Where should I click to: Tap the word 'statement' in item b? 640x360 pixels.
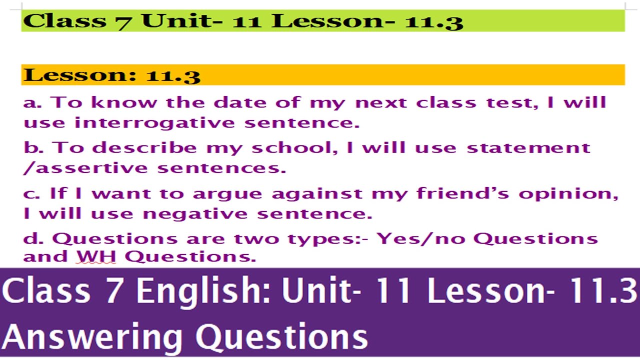tap(528, 148)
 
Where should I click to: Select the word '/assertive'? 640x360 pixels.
tap(86, 168)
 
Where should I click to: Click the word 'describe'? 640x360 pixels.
tap(144, 148)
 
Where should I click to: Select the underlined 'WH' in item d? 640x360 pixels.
tap(96, 257)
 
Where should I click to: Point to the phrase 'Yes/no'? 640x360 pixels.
tap(421, 238)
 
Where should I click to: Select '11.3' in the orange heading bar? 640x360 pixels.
tap(173, 75)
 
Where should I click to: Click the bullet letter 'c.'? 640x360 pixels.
tap(32, 194)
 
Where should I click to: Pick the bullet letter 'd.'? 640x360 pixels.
tap(33, 238)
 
